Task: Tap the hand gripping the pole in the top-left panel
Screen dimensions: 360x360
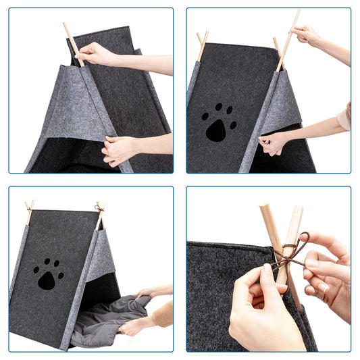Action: coord(98,54)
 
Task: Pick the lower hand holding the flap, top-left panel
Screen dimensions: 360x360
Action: coord(120,149)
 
